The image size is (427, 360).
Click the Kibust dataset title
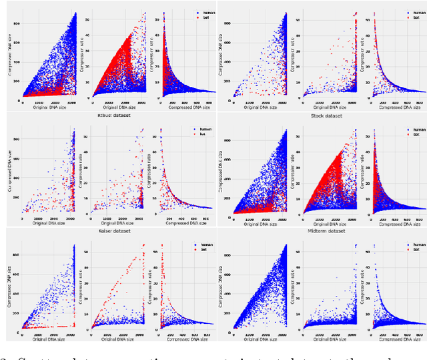click(116, 115)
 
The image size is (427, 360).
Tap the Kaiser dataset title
click(115, 230)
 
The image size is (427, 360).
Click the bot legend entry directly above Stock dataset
click(416, 19)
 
